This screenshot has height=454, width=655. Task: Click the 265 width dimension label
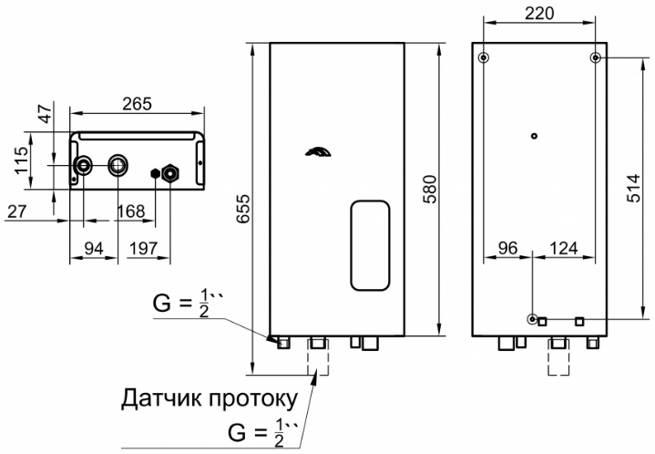click(x=137, y=104)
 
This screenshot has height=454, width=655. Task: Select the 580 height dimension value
click(x=429, y=190)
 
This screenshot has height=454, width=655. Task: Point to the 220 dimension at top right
click(x=539, y=14)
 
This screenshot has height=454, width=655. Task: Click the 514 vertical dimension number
click(x=633, y=188)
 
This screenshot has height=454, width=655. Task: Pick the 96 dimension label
click(x=508, y=248)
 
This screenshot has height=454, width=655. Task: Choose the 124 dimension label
click(x=564, y=248)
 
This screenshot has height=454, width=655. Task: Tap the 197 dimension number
click(x=143, y=249)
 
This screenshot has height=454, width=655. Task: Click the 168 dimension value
click(x=131, y=212)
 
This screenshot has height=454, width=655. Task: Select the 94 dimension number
click(x=94, y=249)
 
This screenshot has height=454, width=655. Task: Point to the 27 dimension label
click(x=16, y=212)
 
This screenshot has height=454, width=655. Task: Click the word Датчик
click(x=162, y=398)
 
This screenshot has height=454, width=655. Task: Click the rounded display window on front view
click(x=370, y=245)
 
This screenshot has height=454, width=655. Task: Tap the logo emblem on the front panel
click(x=318, y=152)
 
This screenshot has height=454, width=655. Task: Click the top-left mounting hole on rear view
click(x=484, y=57)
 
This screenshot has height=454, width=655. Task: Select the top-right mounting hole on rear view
click(x=595, y=57)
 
